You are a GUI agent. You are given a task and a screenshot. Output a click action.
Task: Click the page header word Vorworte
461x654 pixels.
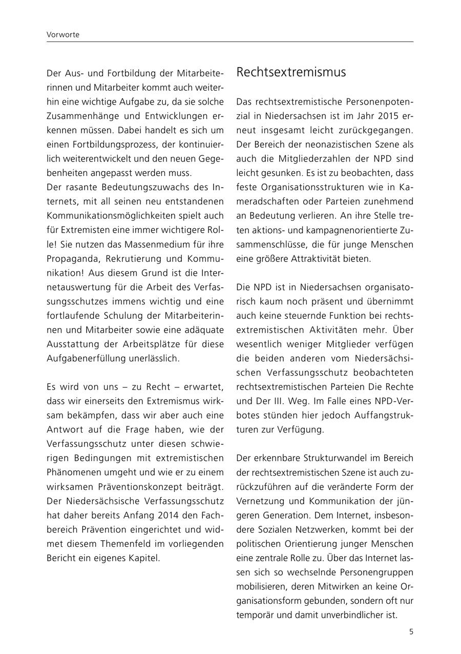63,35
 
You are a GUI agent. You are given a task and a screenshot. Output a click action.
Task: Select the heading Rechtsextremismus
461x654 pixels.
290,72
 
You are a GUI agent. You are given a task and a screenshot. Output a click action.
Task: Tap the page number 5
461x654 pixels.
411,631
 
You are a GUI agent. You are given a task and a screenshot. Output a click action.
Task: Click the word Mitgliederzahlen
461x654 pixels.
342,159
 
